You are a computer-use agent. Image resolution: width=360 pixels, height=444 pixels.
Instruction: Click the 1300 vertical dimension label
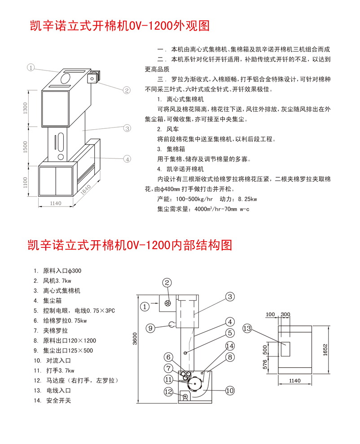click(x=26, y=109)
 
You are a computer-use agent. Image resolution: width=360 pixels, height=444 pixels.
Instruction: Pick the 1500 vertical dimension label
click(x=26, y=146)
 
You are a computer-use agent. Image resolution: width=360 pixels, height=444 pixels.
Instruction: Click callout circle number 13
click(x=247, y=329)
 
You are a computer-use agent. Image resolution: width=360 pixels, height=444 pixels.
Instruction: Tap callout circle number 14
click(x=230, y=346)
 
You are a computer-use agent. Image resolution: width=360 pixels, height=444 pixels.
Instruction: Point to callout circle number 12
click(x=168, y=391)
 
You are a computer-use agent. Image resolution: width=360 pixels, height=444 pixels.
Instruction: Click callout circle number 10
click(x=229, y=391)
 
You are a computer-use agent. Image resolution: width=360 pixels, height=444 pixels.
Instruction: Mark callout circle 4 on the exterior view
click(x=127, y=159)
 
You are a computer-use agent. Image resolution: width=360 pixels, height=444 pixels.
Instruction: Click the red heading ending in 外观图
click(x=119, y=26)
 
